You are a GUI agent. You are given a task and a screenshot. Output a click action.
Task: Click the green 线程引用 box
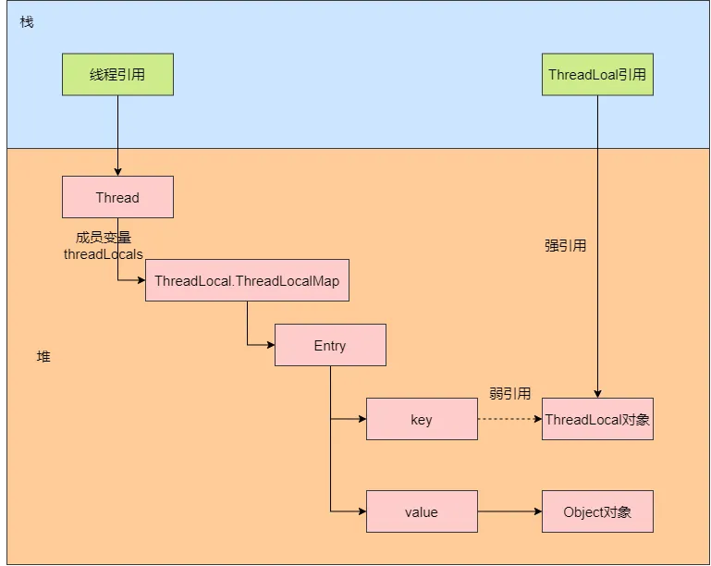point(117,75)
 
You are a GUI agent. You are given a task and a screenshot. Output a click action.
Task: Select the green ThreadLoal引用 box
point(597,75)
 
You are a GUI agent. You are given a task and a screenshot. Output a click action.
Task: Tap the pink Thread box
point(117,197)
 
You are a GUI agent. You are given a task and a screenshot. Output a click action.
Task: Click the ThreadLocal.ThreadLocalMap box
point(247,280)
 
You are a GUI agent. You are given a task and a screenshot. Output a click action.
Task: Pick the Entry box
point(330,345)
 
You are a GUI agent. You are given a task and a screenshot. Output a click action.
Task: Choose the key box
point(422,419)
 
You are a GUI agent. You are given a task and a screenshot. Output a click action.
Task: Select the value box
point(422,511)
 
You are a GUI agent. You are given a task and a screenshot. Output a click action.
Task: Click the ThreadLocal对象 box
point(597,419)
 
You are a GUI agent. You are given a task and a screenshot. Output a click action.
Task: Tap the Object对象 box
point(597,511)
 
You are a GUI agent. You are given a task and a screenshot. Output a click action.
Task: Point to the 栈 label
point(27,21)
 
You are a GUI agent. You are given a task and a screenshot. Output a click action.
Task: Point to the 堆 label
point(43,356)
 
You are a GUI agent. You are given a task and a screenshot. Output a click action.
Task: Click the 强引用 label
point(565,246)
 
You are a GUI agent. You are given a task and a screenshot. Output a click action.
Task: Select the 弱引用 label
point(509,393)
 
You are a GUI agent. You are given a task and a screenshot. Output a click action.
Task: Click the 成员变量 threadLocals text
point(104,245)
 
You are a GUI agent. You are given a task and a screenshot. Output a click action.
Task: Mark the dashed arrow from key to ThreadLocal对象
point(509,419)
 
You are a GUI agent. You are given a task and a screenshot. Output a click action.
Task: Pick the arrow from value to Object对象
point(509,511)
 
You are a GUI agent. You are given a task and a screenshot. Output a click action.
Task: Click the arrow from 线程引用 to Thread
point(117,134)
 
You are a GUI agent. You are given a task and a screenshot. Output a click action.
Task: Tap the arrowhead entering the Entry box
point(269,345)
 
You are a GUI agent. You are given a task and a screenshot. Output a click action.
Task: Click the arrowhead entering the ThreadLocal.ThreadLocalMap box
point(140,280)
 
